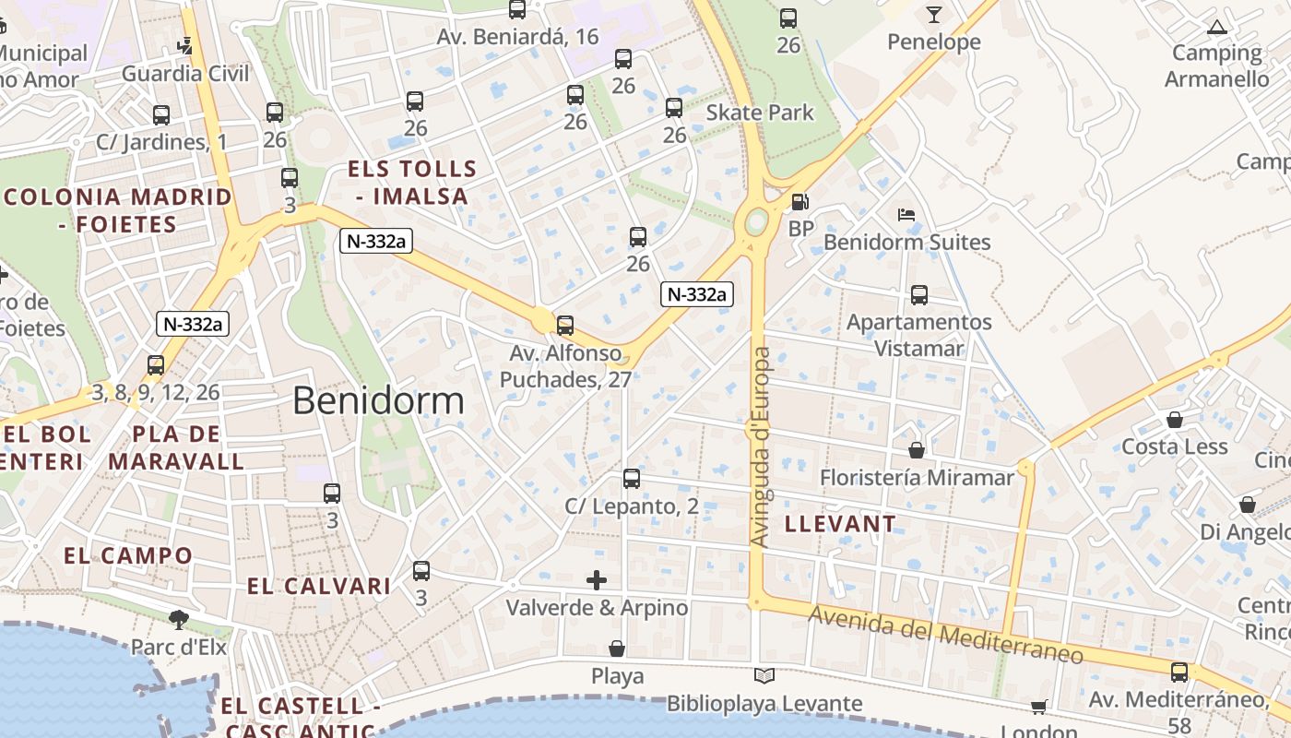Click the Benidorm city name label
click(x=378, y=401)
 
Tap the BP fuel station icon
click(x=800, y=202)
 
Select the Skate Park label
click(x=760, y=113)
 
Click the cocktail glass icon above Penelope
click(x=933, y=14)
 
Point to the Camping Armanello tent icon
click(x=1217, y=27)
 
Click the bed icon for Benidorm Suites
click(x=906, y=215)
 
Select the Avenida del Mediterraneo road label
click(x=944, y=635)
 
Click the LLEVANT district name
click(x=839, y=524)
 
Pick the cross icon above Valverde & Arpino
click(x=597, y=580)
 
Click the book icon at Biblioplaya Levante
click(x=764, y=676)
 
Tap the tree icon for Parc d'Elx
click(x=178, y=619)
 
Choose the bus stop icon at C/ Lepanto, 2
click(x=631, y=479)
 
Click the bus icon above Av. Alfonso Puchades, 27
click(x=565, y=326)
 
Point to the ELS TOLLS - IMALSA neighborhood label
click(x=412, y=182)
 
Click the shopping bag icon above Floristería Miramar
click(x=917, y=450)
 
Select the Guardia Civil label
click(x=185, y=74)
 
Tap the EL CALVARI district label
click(x=319, y=586)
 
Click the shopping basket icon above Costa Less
click(x=1175, y=421)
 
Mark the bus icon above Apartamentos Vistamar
click(x=918, y=295)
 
